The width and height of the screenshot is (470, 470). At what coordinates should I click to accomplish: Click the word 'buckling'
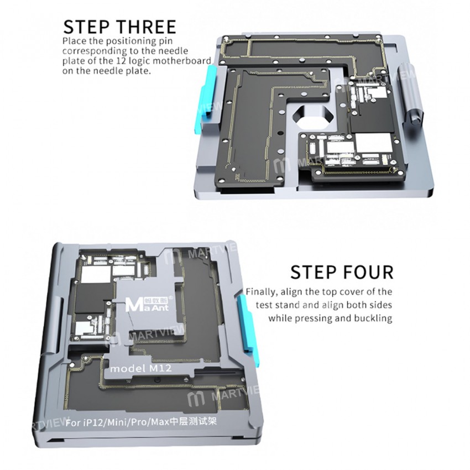(373, 318)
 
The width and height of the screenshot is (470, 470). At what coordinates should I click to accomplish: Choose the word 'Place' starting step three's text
(74, 41)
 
